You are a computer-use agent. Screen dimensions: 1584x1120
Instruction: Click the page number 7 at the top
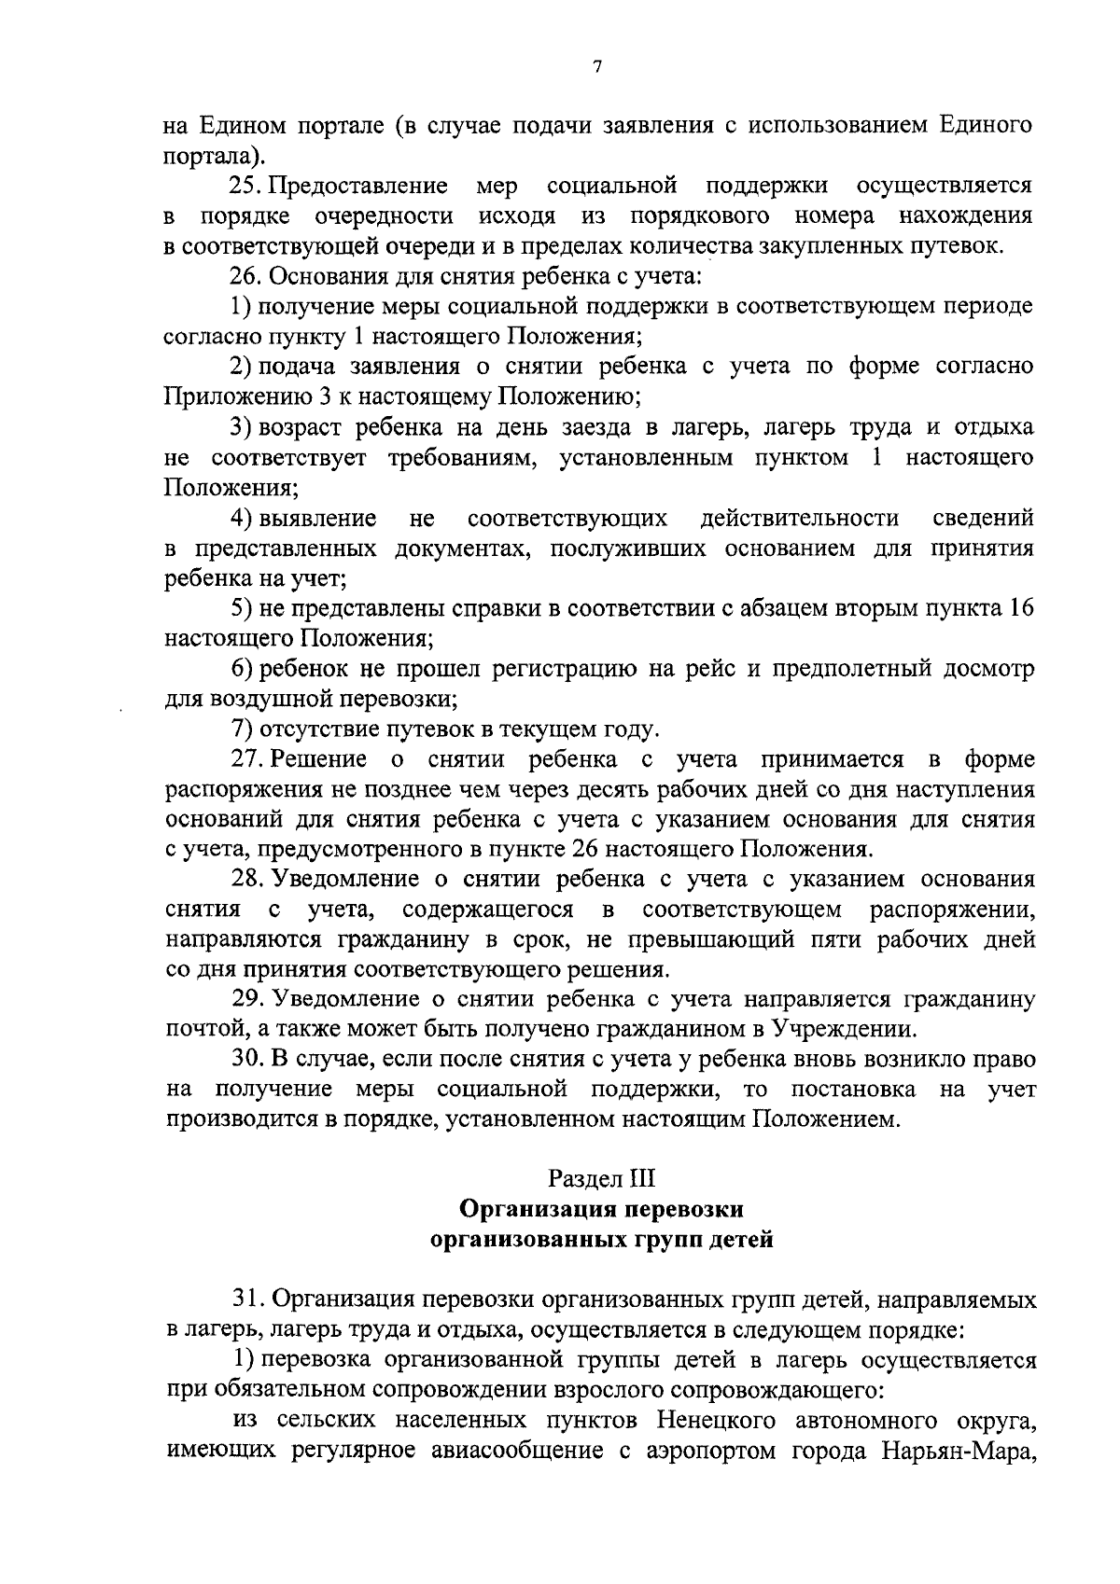pos(596,66)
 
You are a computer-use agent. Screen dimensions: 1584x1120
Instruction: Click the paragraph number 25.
pos(246,186)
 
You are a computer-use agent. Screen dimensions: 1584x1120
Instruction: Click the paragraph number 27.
pos(246,759)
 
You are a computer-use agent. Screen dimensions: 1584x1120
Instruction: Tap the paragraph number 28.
pos(246,880)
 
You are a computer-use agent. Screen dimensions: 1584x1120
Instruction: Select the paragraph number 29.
pos(246,1000)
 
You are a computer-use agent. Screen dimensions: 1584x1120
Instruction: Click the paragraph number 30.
pos(246,1060)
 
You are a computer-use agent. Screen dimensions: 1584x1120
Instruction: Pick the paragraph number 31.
pos(246,1299)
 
